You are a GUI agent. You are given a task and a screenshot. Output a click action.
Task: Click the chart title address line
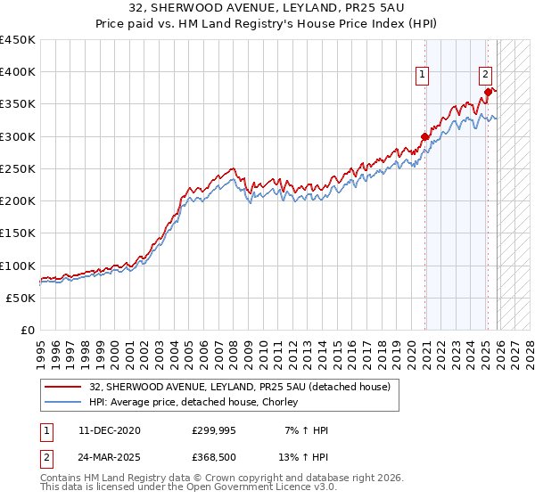[x=267, y=8]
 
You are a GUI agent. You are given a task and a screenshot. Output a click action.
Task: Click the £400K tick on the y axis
[x=18, y=72]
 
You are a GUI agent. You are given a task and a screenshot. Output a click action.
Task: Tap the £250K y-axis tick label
[x=18, y=168]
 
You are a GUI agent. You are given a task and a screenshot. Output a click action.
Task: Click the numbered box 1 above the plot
[x=421, y=75]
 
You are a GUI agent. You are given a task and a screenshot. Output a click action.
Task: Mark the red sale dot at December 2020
[x=424, y=136]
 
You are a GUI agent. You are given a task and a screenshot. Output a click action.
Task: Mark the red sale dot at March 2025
[x=488, y=92]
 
